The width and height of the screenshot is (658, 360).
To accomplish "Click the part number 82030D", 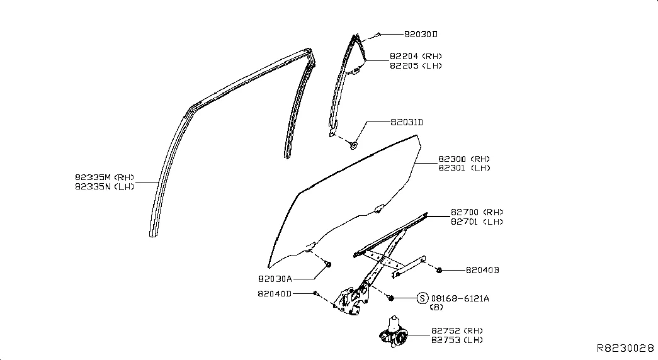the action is tap(421, 34).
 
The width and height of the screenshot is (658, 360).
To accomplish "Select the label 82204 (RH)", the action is tap(416, 56).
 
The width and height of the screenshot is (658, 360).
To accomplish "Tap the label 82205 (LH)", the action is tap(416, 66).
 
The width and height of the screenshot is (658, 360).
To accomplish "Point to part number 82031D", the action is tap(407, 122).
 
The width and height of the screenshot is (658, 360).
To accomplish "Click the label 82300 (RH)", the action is tap(464, 159).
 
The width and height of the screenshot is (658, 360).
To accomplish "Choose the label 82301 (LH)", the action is tap(464, 168).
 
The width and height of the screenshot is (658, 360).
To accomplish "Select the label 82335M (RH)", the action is tap(105, 177).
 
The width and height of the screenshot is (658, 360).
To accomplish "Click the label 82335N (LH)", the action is tap(105, 187).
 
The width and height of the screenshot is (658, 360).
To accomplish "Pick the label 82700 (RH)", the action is tap(477, 212).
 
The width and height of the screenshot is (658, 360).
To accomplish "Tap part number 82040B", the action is tap(482, 270).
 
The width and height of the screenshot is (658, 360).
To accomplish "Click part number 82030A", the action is tap(275, 279).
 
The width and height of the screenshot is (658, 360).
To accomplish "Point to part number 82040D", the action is tap(275, 294).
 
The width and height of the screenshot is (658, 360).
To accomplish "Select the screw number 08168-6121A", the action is tap(460, 298).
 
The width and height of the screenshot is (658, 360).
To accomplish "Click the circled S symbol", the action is tap(423, 298).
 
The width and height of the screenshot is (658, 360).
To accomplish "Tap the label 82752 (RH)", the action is tap(457, 330).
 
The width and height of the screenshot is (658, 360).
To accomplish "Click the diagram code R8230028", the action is tap(625, 348).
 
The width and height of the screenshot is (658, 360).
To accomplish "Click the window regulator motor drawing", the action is tap(393, 332).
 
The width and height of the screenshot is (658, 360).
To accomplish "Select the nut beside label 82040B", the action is tap(439, 270).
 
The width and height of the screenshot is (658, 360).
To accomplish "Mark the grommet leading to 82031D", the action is tap(353, 145).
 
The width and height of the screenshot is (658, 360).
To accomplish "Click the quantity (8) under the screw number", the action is tap(436, 307).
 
